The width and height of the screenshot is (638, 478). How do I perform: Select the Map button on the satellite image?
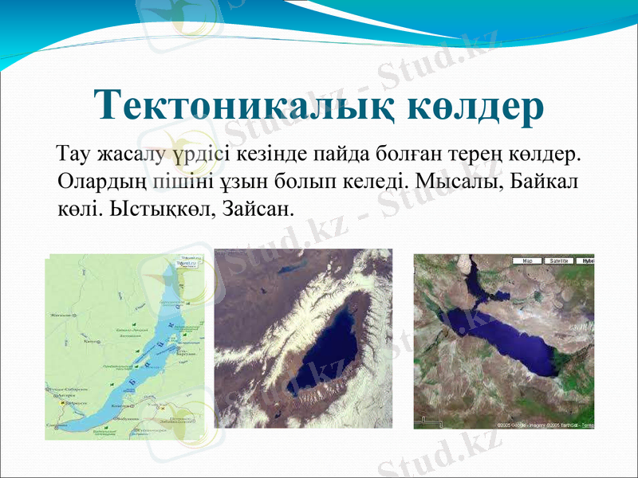pos(527,261)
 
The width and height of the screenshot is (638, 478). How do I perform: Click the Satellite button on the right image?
pos(557,261)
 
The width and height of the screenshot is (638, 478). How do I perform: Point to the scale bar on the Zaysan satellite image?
pos(431,420)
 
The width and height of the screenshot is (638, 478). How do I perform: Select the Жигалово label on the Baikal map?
pos(61,316)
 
